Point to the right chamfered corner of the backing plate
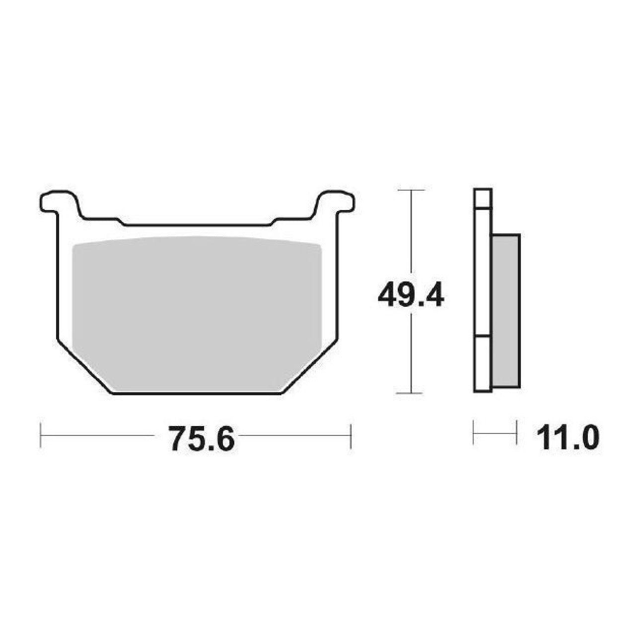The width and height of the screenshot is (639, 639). [310, 367]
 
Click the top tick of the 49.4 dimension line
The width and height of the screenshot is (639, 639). [411, 190]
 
